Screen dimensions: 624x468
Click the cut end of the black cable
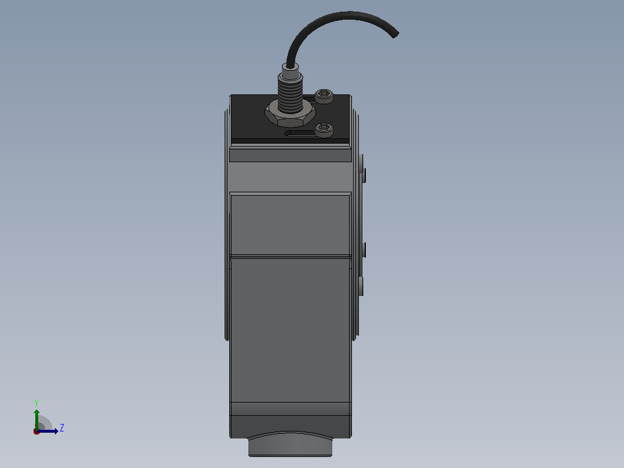(x=395, y=35)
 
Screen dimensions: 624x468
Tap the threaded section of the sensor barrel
(x=290, y=96)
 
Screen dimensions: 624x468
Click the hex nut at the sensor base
(x=290, y=114)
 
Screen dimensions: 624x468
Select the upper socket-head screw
(x=324, y=96)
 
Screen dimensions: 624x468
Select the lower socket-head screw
(x=324, y=130)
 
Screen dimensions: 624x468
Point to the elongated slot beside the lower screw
(x=301, y=133)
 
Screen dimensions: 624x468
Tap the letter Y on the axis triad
(x=36, y=403)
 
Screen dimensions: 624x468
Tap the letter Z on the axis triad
(x=62, y=428)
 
